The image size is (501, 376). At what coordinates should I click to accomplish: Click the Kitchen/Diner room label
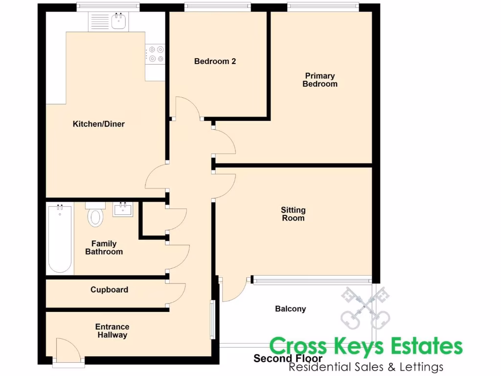98,124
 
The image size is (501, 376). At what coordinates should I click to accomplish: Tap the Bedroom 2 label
215,61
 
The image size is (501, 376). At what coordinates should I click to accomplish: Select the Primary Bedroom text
319,80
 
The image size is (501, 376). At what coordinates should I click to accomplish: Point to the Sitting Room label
293,214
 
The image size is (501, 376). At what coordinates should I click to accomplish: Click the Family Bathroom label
104,248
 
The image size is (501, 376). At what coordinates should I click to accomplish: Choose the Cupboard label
109,290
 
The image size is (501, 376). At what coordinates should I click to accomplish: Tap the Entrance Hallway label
112,331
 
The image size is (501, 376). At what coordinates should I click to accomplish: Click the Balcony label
290,309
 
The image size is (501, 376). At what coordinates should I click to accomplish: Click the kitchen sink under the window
119,22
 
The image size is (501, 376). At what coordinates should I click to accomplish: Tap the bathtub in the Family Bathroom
60,239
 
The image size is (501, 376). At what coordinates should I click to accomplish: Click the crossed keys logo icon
365,308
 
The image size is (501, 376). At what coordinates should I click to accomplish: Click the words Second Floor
288,359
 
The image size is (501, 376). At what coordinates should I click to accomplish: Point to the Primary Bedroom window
322,7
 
